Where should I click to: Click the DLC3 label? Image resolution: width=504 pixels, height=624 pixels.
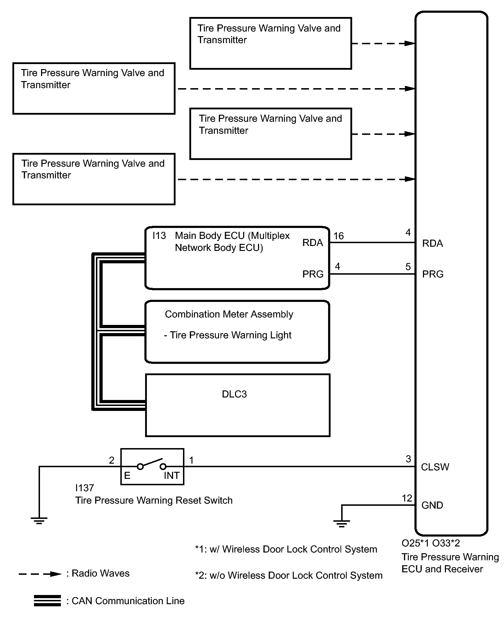click(234, 394)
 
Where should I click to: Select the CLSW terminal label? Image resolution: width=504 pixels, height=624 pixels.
click(435, 467)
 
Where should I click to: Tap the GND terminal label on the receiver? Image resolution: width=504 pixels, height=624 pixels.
click(432, 505)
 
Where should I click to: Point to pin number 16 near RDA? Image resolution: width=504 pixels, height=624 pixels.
click(338, 236)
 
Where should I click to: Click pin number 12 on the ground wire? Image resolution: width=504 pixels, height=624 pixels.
click(407, 498)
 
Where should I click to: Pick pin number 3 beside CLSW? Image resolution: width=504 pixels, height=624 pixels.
click(408, 459)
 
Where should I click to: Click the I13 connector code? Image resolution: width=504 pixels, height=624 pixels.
click(159, 236)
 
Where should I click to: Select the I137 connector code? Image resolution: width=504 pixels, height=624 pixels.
click(84, 488)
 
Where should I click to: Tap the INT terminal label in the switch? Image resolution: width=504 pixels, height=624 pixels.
click(171, 476)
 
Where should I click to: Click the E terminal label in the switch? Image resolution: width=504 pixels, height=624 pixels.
click(127, 476)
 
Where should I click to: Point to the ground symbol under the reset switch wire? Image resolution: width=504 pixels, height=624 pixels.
click(39, 520)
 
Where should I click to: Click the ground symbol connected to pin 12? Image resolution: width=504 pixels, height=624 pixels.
click(342, 523)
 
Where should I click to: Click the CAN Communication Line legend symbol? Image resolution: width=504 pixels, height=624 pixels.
click(47, 601)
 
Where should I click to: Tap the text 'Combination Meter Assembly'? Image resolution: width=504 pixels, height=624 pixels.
click(229, 314)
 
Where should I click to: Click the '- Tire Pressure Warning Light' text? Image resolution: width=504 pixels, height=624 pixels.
click(228, 335)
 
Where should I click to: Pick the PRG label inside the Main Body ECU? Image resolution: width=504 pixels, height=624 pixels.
click(313, 274)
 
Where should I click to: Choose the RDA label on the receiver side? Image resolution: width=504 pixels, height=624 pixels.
click(433, 244)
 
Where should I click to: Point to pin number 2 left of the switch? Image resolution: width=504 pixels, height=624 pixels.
click(111, 460)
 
